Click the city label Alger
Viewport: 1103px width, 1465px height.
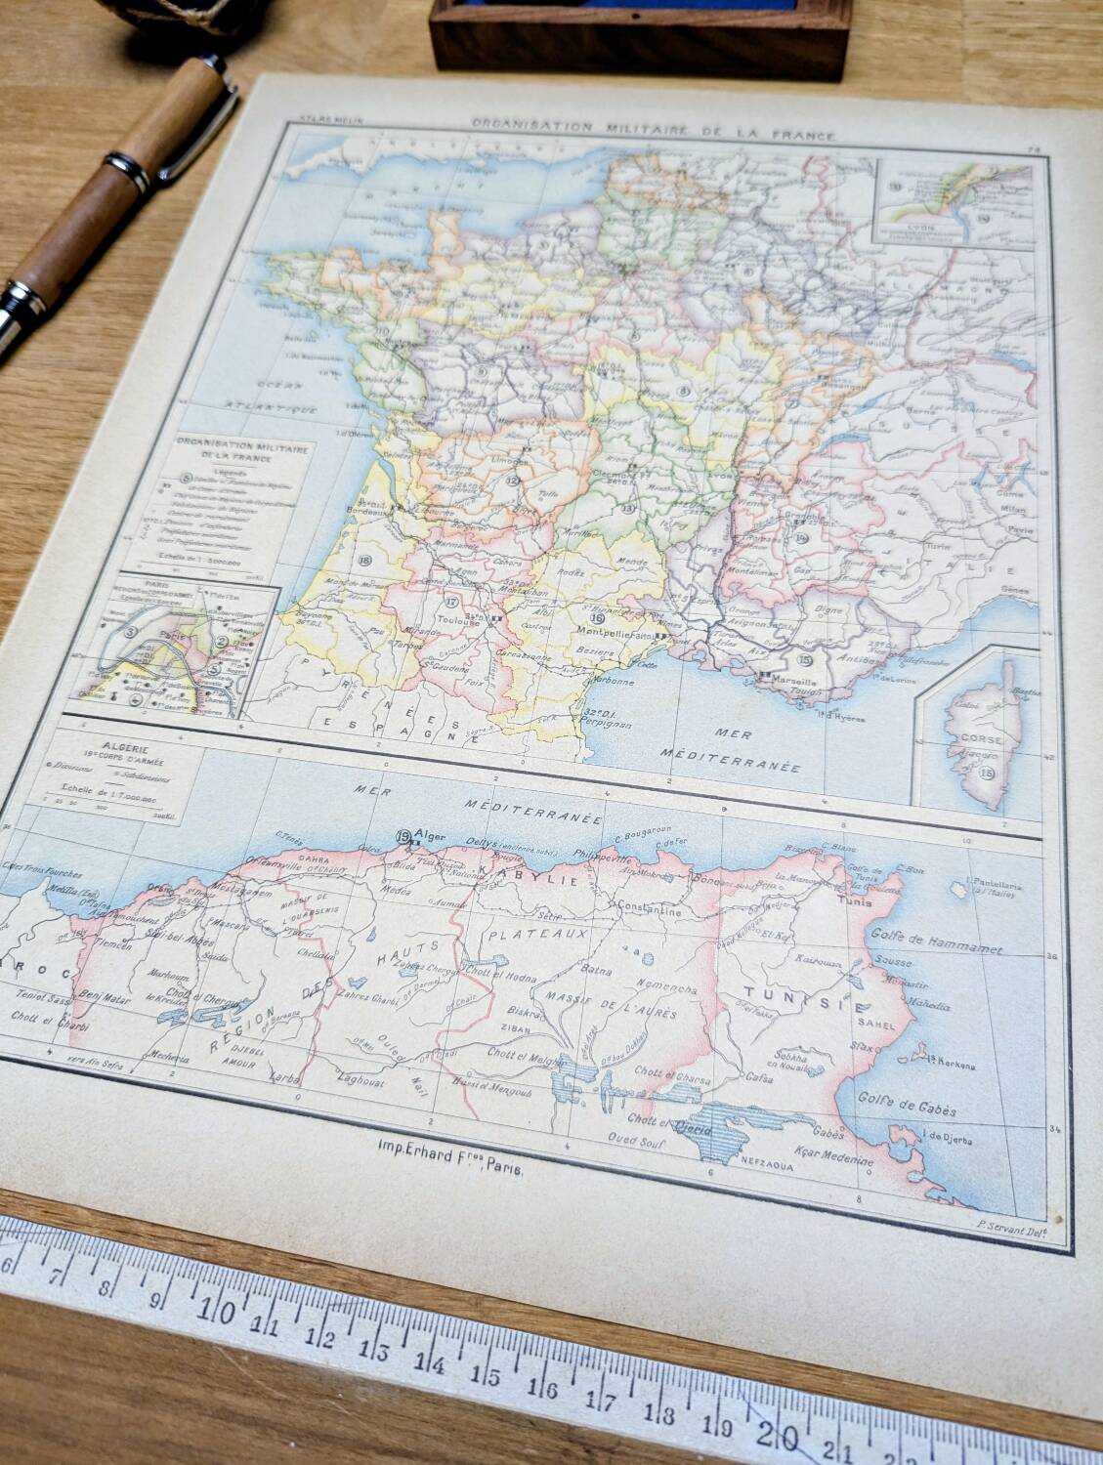coord(432,834)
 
